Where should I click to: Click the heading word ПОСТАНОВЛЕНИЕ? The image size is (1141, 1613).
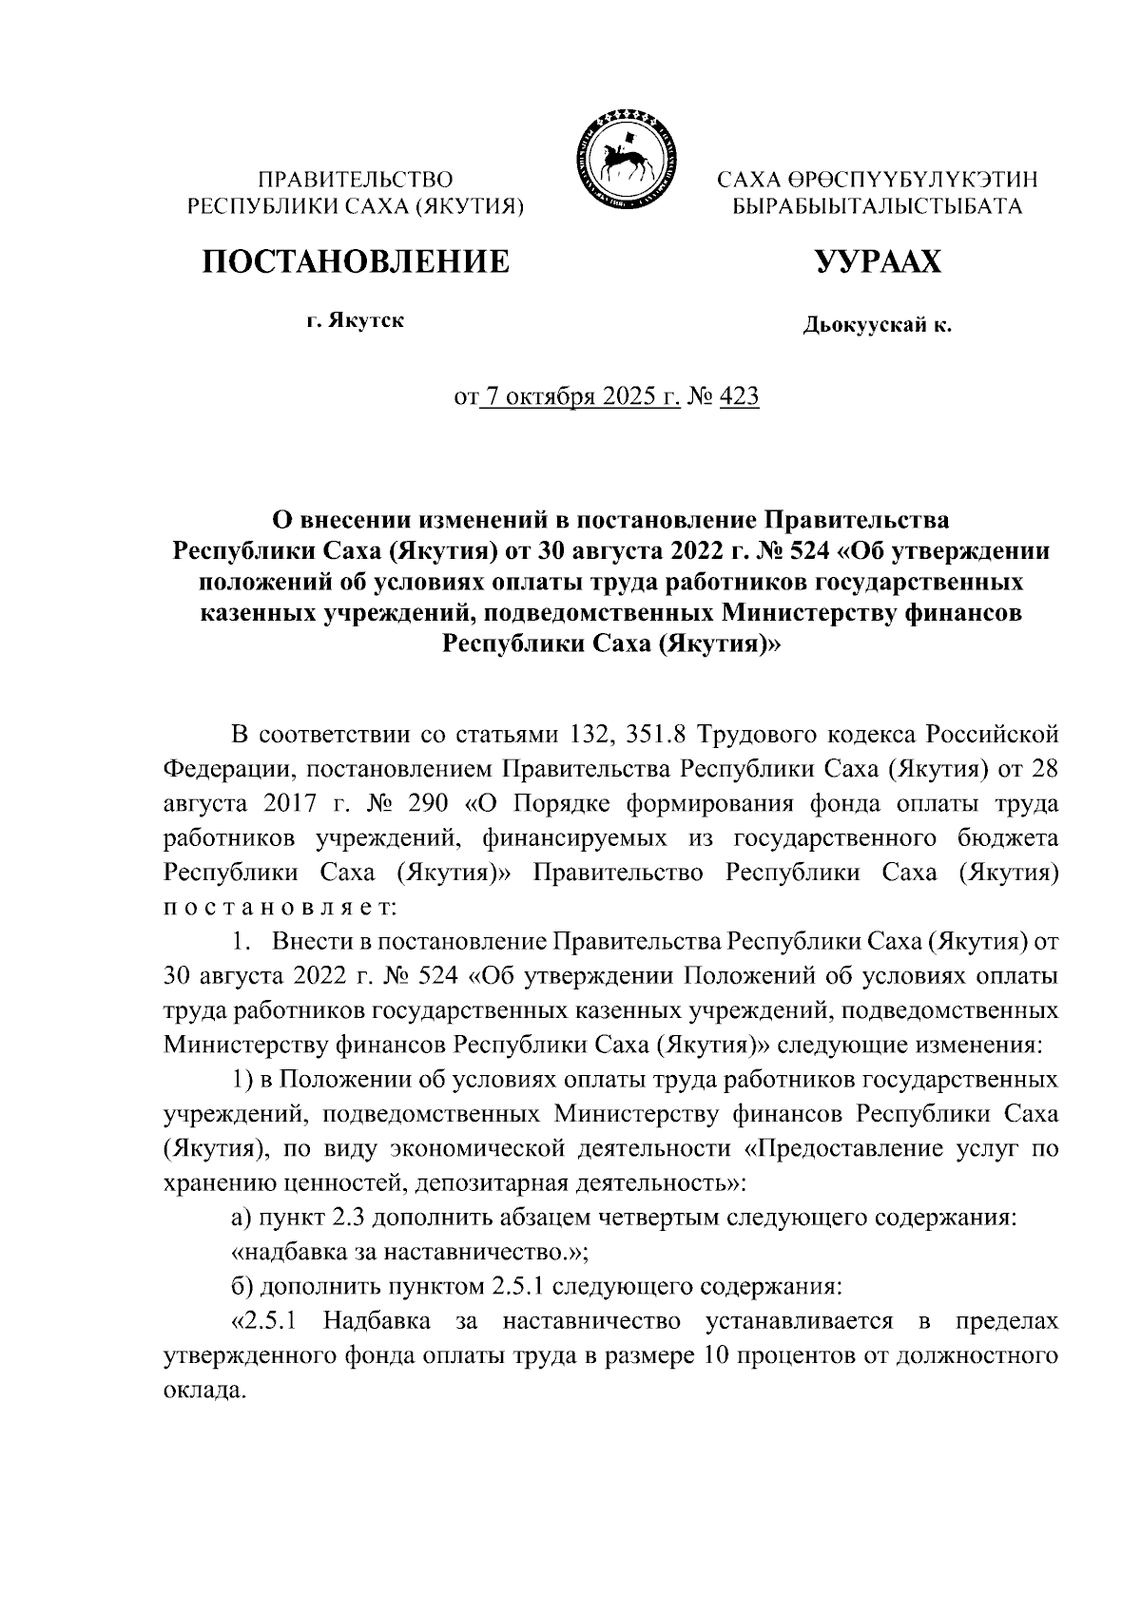(354, 260)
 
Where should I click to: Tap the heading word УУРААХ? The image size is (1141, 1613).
(877, 260)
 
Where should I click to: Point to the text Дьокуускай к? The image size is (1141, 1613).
(877, 327)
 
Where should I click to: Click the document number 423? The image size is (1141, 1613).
(740, 397)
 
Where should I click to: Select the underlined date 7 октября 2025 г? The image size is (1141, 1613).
(580, 397)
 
